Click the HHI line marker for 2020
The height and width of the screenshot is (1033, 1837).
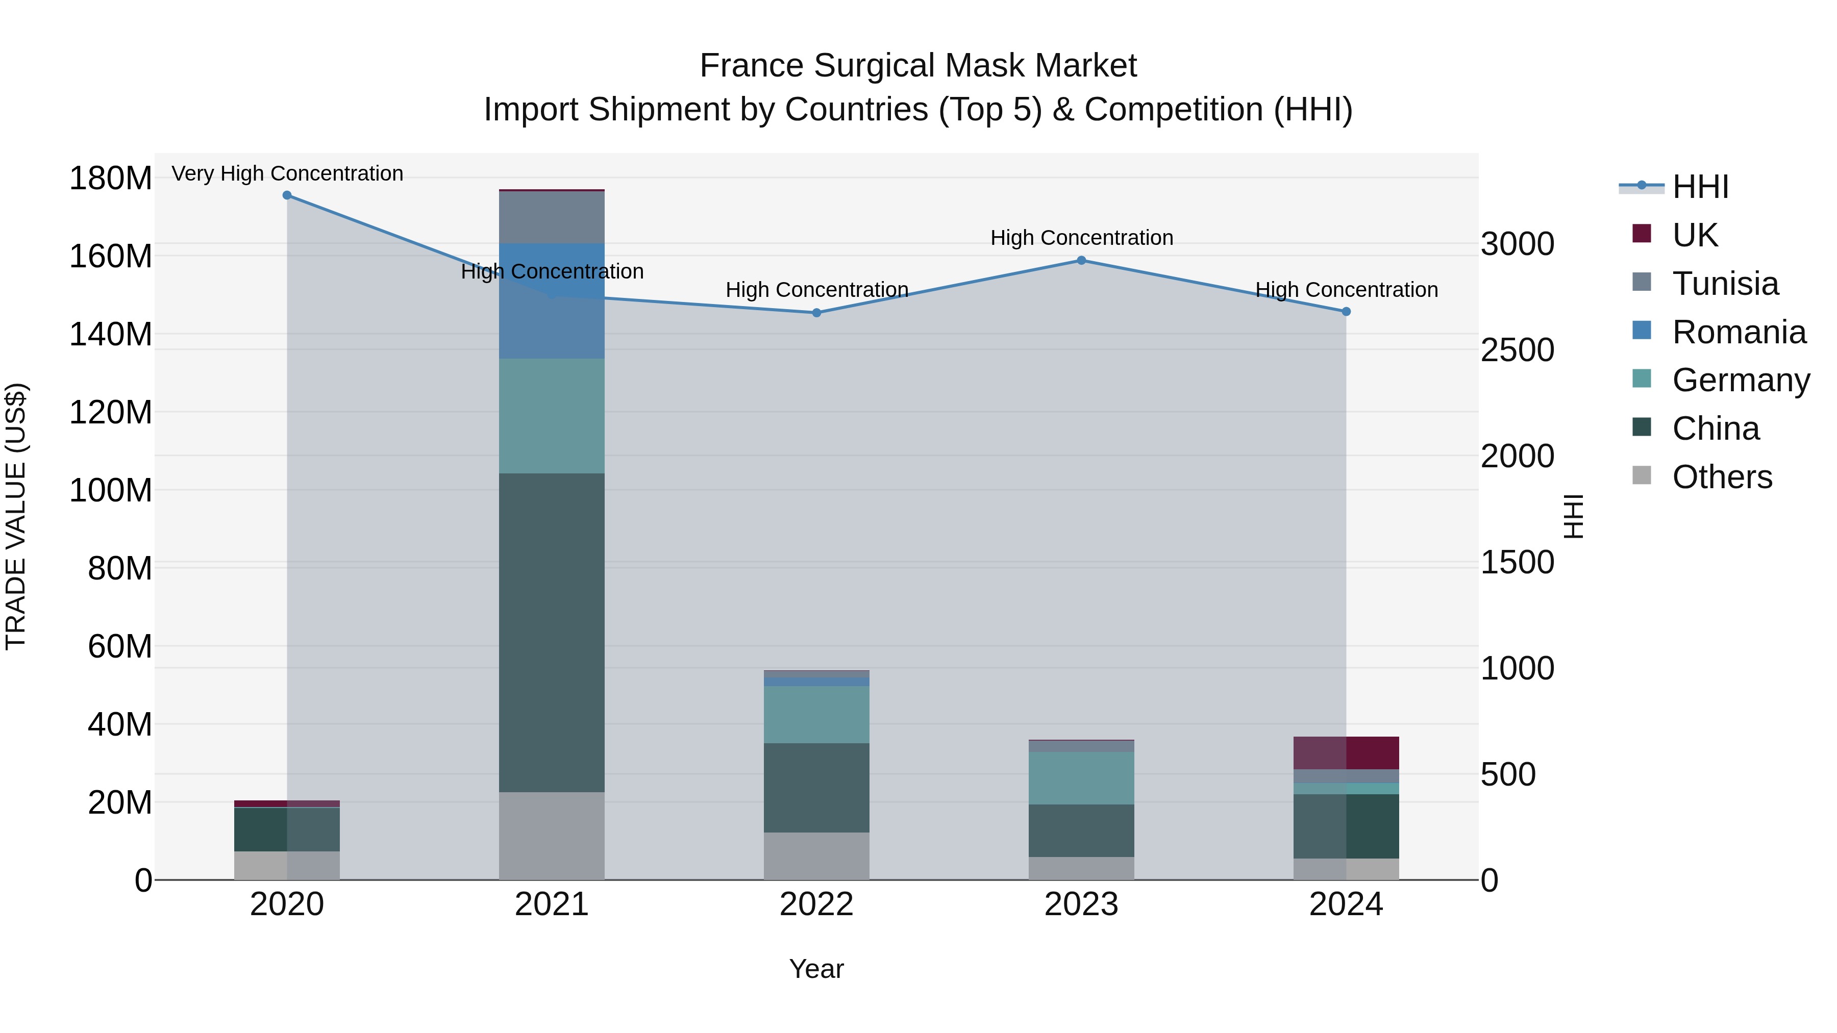(x=287, y=195)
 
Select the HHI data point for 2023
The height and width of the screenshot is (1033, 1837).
(x=1081, y=260)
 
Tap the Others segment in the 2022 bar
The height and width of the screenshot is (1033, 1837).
(x=816, y=855)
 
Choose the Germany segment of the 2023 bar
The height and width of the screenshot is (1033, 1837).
(x=1081, y=778)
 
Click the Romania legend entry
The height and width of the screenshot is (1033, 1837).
(x=1739, y=332)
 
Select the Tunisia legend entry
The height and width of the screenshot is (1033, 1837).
(x=1724, y=284)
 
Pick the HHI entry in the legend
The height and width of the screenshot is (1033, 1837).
(x=1700, y=187)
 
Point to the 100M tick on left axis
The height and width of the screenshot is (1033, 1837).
(x=111, y=490)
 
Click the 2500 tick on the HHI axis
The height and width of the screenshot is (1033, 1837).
(x=1518, y=350)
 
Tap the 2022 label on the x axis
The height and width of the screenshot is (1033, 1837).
(x=816, y=904)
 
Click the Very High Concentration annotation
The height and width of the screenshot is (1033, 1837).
(x=287, y=173)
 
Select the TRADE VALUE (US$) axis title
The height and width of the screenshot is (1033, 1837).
(x=16, y=516)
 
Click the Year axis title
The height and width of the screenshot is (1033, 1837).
(x=816, y=969)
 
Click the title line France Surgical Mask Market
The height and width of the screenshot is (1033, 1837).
(x=918, y=66)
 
